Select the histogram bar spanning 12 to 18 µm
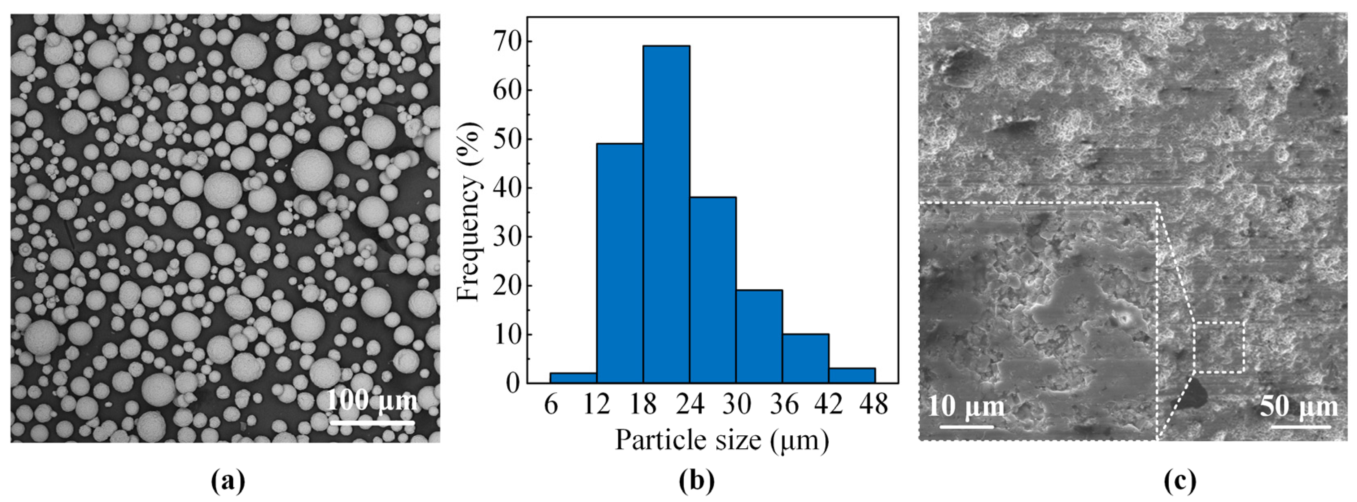tap(620, 263)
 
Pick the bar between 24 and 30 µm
tap(712, 290)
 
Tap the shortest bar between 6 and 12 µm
tap(573, 377)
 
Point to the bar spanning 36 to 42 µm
tap(805, 358)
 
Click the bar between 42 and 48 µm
tap(852, 375)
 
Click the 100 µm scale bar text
tap(372, 400)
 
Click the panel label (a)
tap(227, 481)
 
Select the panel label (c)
tap(1180, 481)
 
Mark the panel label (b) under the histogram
tap(696, 481)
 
